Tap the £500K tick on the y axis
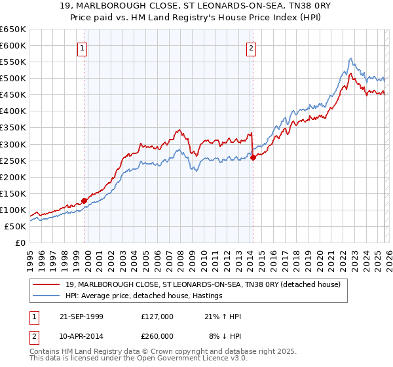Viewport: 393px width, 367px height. click(x=12, y=79)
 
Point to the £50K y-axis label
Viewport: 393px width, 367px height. click(x=14, y=226)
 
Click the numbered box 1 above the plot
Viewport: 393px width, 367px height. click(x=83, y=47)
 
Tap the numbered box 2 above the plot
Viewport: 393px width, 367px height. click(x=252, y=47)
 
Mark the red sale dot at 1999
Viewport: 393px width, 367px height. click(x=84, y=201)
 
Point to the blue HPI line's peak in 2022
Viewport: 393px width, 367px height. click(x=351, y=58)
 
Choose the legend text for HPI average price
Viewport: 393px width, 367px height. click(x=143, y=296)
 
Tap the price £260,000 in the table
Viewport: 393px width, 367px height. click(x=157, y=336)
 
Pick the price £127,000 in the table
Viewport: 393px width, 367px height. click(x=157, y=317)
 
